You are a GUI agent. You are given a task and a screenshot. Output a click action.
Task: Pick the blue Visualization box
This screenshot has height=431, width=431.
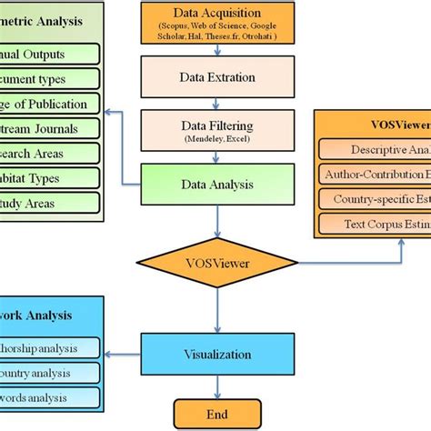click(215, 354)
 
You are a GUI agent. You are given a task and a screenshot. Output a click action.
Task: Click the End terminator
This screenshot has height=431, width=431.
click(215, 410)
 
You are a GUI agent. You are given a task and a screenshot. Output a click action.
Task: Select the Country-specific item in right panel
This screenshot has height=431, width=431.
click(376, 197)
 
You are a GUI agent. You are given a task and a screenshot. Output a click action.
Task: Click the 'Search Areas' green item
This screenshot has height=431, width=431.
click(46, 152)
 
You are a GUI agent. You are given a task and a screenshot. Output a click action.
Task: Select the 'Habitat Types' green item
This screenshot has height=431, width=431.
click(46, 175)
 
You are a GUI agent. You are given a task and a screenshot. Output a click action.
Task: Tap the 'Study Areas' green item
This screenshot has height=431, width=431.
click(46, 200)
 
